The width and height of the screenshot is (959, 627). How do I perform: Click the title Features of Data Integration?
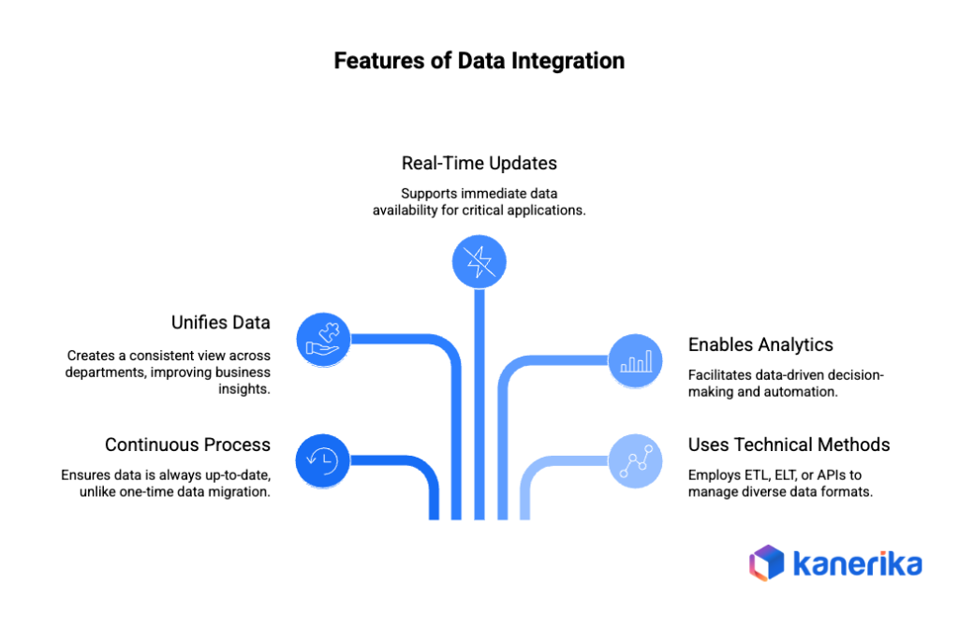(479, 62)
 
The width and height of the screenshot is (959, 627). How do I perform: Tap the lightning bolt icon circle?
(479, 260)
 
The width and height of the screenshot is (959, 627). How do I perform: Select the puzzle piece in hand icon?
(324, 338)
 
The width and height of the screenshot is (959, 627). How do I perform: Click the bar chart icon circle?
(636, 360)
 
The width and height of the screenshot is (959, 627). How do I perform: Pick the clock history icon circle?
(324, 459)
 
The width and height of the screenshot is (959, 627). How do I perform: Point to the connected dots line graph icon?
(636, 459)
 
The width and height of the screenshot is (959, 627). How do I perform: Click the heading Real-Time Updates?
(479, 163)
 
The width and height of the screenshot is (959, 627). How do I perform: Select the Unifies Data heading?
(221, 323)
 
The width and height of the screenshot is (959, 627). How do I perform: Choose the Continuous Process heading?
(187, 445)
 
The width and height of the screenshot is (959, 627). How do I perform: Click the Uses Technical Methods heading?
(789, 445)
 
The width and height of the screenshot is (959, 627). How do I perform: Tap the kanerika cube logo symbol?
(768, 563)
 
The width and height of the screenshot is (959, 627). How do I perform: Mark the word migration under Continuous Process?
(242, 491)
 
